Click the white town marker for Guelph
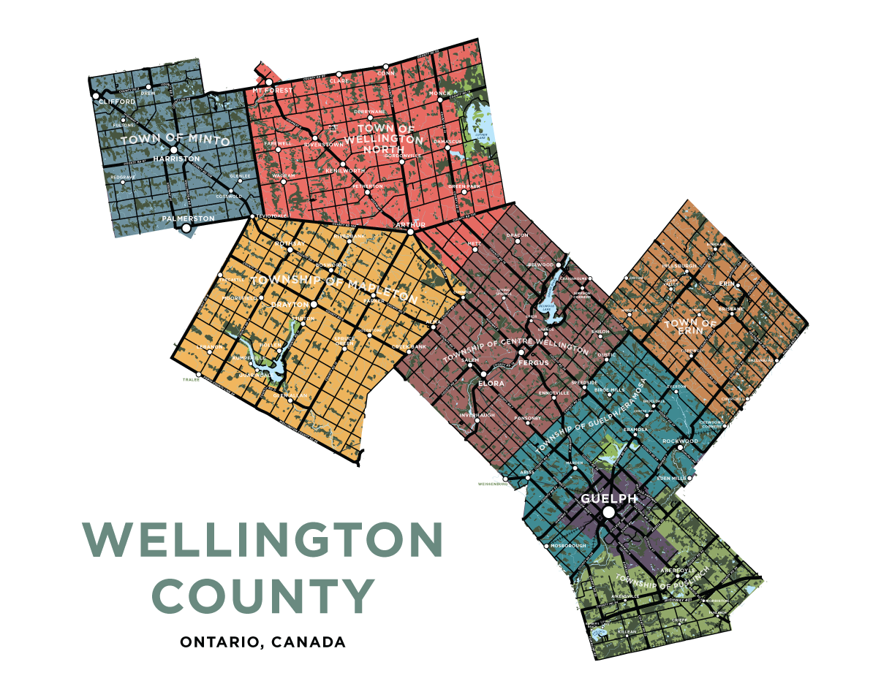(x=608, y=514)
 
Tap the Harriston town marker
(x=173, y=149)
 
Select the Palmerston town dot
(x=186, y=228)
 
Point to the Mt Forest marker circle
(x=268, y=82)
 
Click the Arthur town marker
(x=411, y=232)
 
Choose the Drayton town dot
(x=314, y=304)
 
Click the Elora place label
(x=487, y=381)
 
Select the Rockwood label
(x=680, y=441)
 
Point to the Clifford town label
(x=117, y=102)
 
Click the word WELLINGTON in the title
(x=263, y=541)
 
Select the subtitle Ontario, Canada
(x=262, y=643)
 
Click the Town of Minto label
(x=175, y=140)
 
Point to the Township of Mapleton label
(x=333, y=288)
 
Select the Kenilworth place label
(x=344, y=170)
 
